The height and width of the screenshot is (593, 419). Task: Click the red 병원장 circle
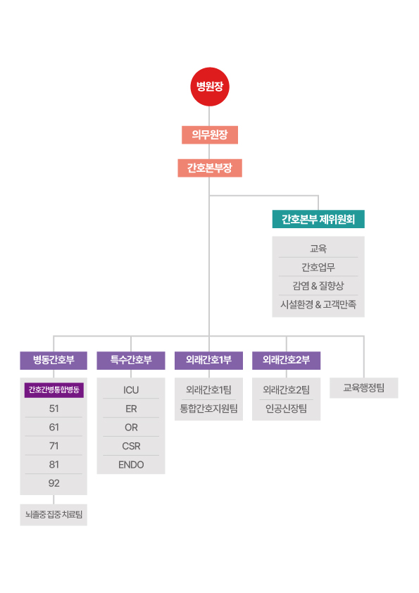pyautogui.click(x=210, y=87)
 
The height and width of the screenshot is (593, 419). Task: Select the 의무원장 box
pyautogui.click(x=210, y=135)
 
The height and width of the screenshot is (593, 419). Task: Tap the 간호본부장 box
pyautogui.click(x=210, y=168)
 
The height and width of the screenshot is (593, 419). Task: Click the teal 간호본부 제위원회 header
pyautogui.click(x=318, y=219)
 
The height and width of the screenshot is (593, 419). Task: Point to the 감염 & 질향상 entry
pyautogui.click(x=318, y=285)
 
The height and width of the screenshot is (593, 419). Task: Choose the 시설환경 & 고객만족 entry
pyautogui.click(x=318, y=304)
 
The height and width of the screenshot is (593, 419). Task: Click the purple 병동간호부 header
pyautogui.click(x=54, y=360)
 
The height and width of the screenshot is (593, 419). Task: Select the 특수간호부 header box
pyautogui.click(x=131, y=360)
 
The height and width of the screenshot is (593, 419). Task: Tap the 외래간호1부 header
pyautogui.click(x=208, y=360)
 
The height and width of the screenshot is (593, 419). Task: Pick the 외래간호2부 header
pyautogui.click(x=286, y=360)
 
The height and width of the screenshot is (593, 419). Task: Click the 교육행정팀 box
pyautogui.click(x=364, y=387)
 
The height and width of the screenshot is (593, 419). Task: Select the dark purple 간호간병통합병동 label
pyautogui.click(x=54, y=390)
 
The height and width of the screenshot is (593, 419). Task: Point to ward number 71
pyautogui.click(x=54, y=446)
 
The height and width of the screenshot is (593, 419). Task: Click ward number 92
pyautogui.click(x=54, y=483)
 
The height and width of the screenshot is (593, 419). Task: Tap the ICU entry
pyautogui.click(x=131, y=390)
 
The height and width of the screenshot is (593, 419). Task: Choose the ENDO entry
pyautogui.click(x=131, y=465)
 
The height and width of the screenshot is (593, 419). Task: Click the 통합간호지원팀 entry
pyautogui.click(x=208, y=408)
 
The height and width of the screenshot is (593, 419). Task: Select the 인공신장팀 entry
pyautogui.click(x=286, y=408)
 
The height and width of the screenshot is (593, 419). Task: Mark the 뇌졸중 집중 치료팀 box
pyautogui.click(x=54, y=515)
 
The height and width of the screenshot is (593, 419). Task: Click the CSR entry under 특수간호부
pyautogui.click(x=131, y=447)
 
